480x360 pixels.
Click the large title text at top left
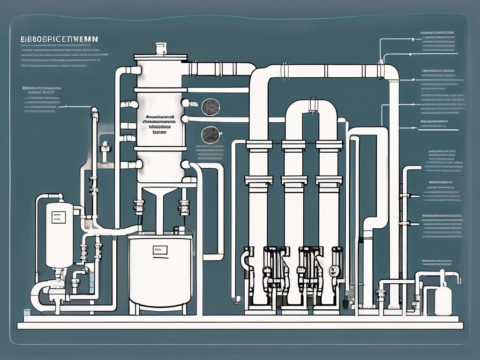58,39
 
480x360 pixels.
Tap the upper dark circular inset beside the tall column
209,106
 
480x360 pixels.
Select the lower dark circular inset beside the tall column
209,135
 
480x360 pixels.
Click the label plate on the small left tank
59,217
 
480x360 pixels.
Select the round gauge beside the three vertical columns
334,270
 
